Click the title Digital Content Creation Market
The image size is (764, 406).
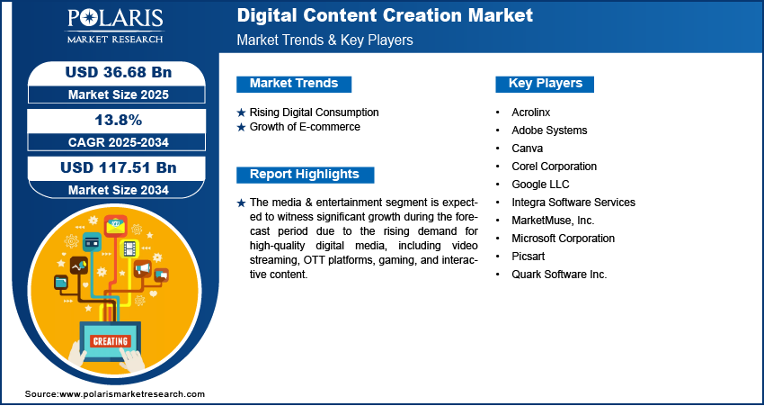pyautogui.click(x=384, y=15)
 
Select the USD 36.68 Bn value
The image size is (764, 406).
pyautogui.click(x=111, y=72)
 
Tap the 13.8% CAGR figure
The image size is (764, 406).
pyautogui.click(x=111, y=120)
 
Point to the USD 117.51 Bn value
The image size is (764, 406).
pyautogui.click(x=111, y=167)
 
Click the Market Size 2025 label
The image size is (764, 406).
pyautogui.click(x=111, y=95)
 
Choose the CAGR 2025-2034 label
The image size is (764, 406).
pyautogui.click(x=111, y=142)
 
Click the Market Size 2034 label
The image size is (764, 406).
pyautogui.click(x=111, y=190)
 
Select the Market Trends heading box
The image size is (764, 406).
pyautogui.click(x=294, y=84)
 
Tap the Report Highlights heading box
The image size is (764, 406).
pyautogui.click(x=305, y=175)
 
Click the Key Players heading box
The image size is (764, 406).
pyautogui.click(x=546, y=84)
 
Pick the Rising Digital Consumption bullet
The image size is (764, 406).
pyautogui.click(x=314, y=113)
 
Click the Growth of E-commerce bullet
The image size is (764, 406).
pyautogui.click(x=305, y=127)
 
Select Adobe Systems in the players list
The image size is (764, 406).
pyautogui.click(x=549, y=131)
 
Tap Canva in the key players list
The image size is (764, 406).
pyautogui.click(x=527, y=149)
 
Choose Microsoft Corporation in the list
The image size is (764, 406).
pyautogui.click(x=563, y=239)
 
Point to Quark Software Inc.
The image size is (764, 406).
pyautogui.click(x=559, y=275)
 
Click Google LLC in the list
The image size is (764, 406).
pyautogui.click(x=540, y=185)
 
